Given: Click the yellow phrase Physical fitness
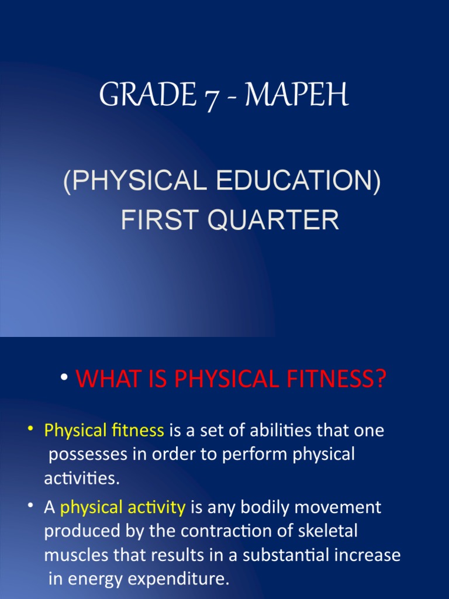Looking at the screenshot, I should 104,431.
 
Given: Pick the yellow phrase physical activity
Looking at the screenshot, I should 123,507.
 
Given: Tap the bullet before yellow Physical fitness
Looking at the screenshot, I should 29,430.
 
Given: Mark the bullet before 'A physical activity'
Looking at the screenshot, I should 29,506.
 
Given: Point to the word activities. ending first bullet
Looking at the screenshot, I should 82,478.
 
